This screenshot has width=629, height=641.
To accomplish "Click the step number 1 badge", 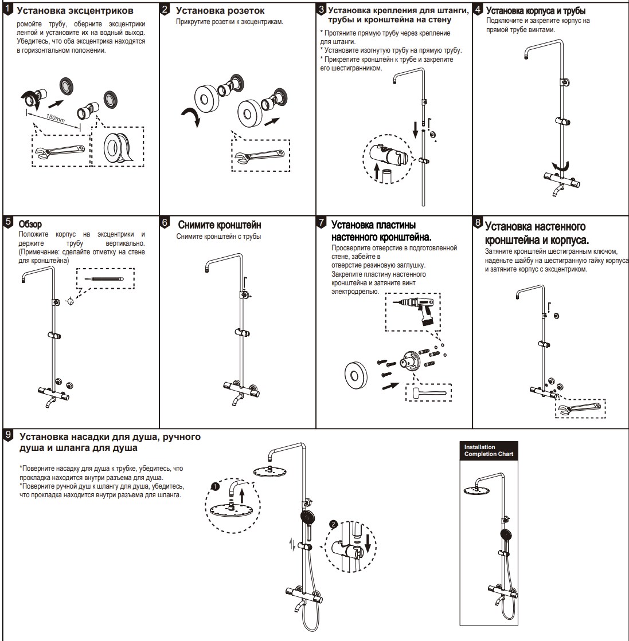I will pyautogui.click(x=7, y=10).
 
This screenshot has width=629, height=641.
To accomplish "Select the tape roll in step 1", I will pyautogui.click(x=117, y=147).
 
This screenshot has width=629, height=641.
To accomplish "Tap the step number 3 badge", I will pyautogui.click(x=321, y=9).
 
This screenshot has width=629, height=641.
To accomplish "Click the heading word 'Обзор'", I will pyautogui.click(x=30, y=222).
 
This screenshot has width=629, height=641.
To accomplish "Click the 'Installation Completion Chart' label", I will pyautogui.click(x=489, y=450).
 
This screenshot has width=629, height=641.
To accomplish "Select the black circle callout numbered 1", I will pyautogui.click(x=215, y=486).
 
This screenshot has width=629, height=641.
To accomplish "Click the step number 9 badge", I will pyautogui.click(x=7, y=435).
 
